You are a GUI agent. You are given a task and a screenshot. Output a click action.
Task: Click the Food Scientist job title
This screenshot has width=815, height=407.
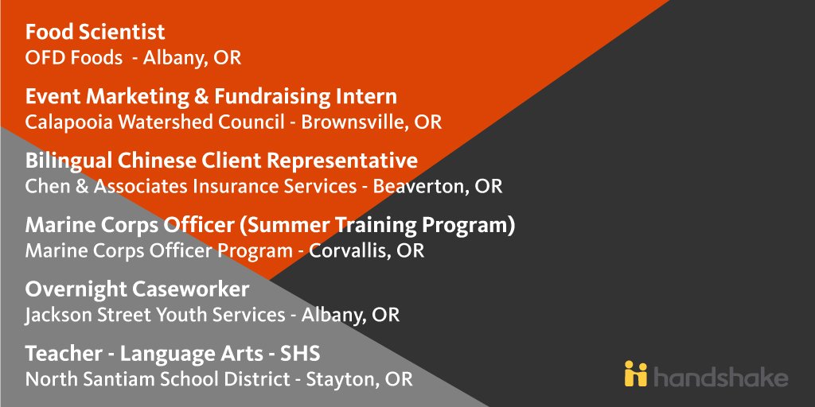tap(96, 33)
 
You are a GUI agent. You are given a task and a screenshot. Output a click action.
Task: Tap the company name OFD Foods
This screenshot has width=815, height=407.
tap(74, 58)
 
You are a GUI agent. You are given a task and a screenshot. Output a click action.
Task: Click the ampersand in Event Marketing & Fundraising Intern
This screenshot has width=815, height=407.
tap(206, 97)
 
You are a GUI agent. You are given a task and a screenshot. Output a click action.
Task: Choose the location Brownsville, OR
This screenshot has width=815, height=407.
tap(372, 122)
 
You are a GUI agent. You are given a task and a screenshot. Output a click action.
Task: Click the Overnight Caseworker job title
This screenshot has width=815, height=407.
tap(137, 289)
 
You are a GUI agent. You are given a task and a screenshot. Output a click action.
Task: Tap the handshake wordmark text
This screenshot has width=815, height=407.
tap(720, 374)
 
